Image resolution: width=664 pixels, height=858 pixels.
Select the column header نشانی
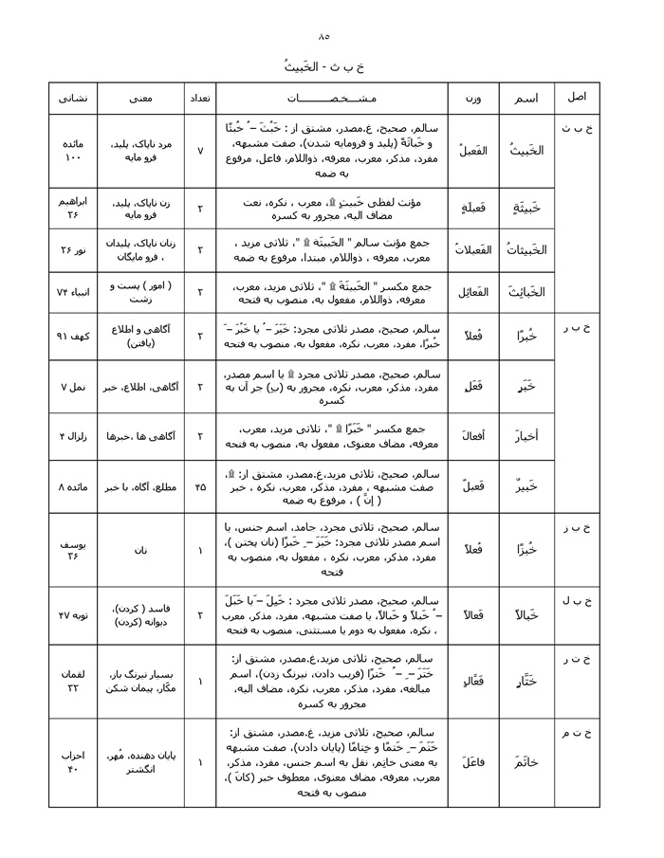point(73,99)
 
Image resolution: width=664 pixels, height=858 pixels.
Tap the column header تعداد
point(199,99)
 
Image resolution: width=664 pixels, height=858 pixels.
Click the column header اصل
point(578,99)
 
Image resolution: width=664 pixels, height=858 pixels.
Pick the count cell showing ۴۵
point(199,487)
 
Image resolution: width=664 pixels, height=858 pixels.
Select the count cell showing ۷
point(199,151)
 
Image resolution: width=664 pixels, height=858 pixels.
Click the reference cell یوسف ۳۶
point(73,549)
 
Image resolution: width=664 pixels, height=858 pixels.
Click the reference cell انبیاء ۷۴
point(73,289)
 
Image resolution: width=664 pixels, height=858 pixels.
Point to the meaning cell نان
point(139,549)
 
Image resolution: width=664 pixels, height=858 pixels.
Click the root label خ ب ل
point(578,602)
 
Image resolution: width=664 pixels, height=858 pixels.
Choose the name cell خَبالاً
point(526,615)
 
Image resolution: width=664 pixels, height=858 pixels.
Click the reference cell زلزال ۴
point(73,435)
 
